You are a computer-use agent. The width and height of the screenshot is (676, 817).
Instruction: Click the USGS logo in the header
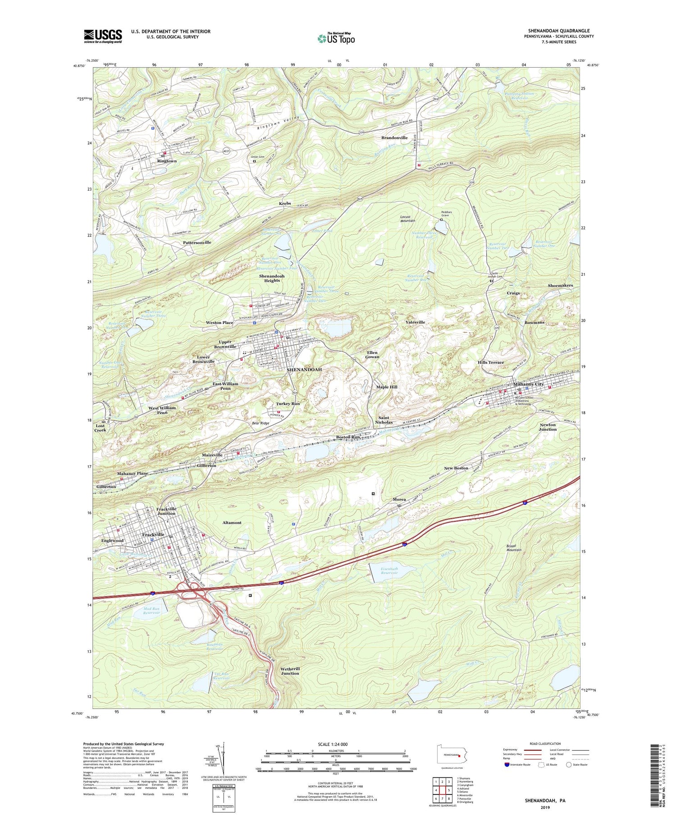pyautogui.click(x=103, y=36)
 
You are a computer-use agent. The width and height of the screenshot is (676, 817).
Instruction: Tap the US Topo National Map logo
pyautogui.click(x=336, y=38)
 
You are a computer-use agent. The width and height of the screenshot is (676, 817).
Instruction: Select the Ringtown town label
pyautogui.click(x=167, y=161)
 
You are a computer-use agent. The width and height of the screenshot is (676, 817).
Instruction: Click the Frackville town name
pyautogui.click(x=153, y=534)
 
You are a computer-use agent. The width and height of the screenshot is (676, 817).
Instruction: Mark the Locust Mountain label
pyautogui.click(x=407, y=219)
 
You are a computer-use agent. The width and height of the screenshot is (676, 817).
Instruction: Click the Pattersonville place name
pyautogui.click(x=197, y=242)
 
